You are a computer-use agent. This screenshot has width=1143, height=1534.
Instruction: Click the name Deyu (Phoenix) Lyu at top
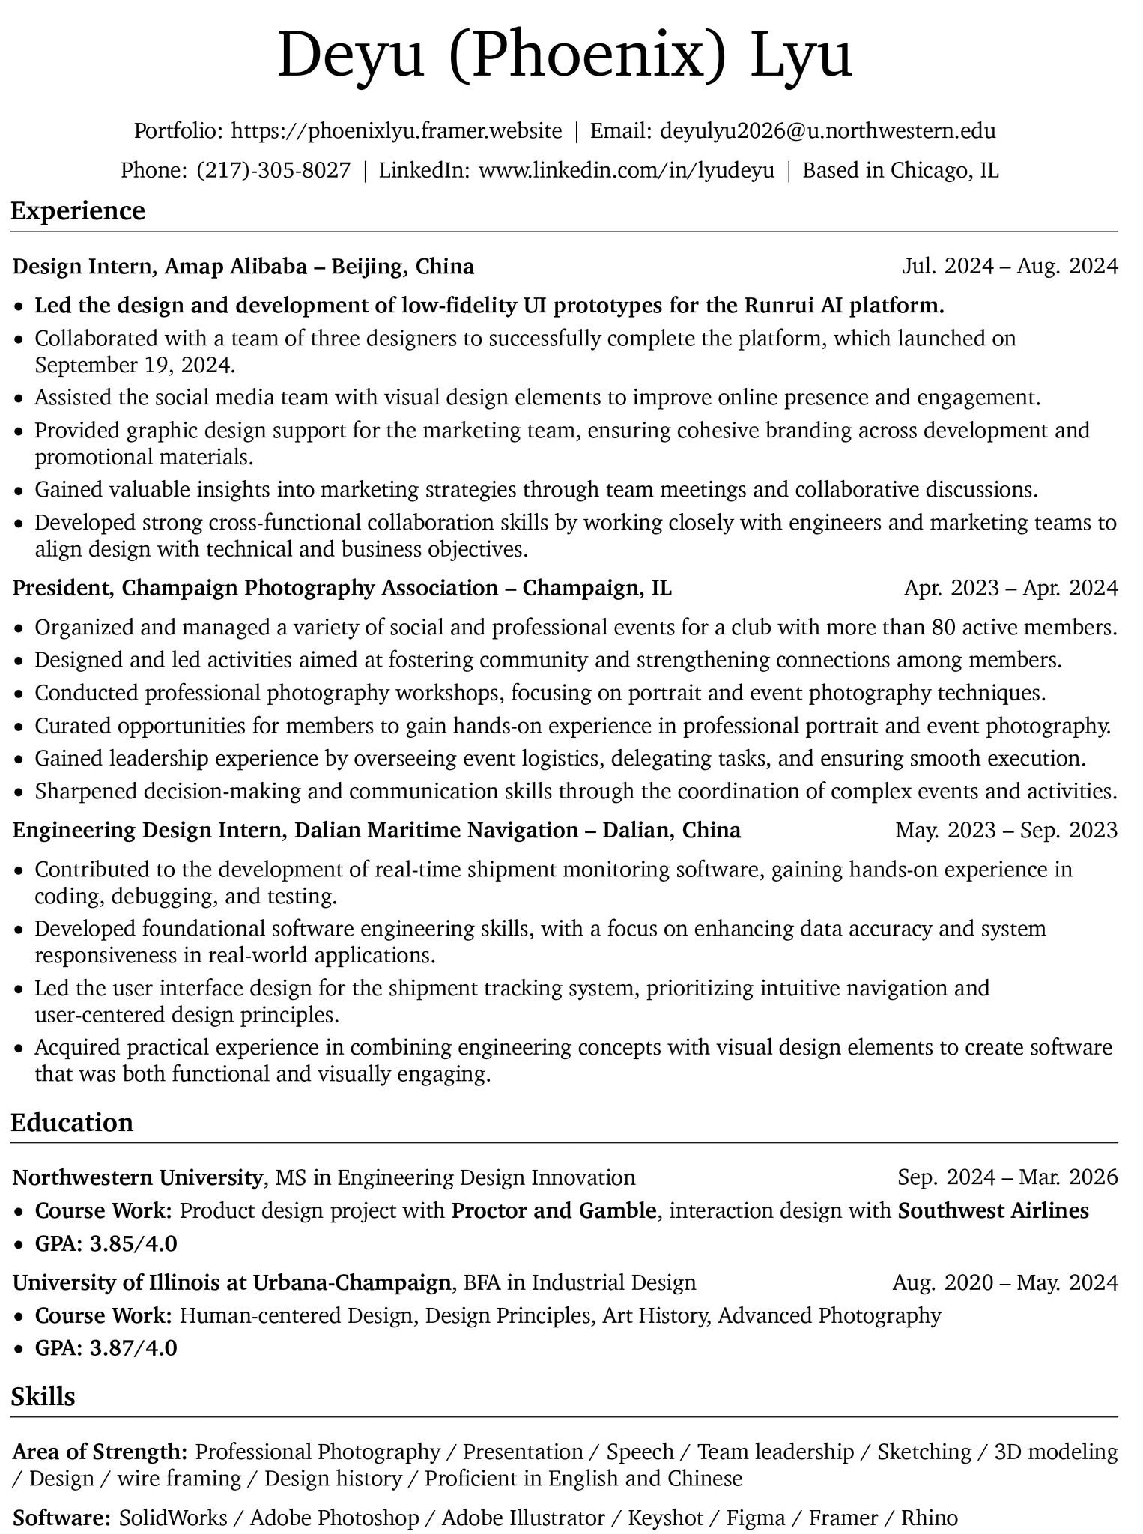tap(566, 58)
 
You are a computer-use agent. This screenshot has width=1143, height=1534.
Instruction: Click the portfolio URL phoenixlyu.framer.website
tap(397, 131)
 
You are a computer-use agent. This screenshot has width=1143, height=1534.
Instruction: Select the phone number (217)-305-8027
tap(273, 171)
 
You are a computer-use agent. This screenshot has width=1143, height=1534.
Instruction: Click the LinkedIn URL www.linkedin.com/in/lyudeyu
tap(626, 171)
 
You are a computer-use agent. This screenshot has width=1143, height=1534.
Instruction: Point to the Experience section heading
tap(78, 210)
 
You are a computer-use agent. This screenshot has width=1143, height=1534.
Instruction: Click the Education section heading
tap(72, 1122)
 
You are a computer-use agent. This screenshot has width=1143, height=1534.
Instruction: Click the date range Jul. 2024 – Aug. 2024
tap(1009, 267)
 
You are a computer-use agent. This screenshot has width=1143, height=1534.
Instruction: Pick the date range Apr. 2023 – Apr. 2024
tap(1010, 588)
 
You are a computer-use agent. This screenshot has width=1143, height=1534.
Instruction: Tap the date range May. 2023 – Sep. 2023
tap(1006, 830)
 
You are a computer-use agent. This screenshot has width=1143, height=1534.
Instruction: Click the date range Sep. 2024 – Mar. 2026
tap(1007, 1177)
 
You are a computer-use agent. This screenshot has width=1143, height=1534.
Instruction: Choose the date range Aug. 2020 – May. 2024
tap(1004, 1282)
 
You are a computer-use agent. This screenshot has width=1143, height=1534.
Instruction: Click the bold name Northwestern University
tap(137, 1177)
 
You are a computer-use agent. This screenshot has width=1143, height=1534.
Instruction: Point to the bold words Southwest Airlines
tap(992, 1211)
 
